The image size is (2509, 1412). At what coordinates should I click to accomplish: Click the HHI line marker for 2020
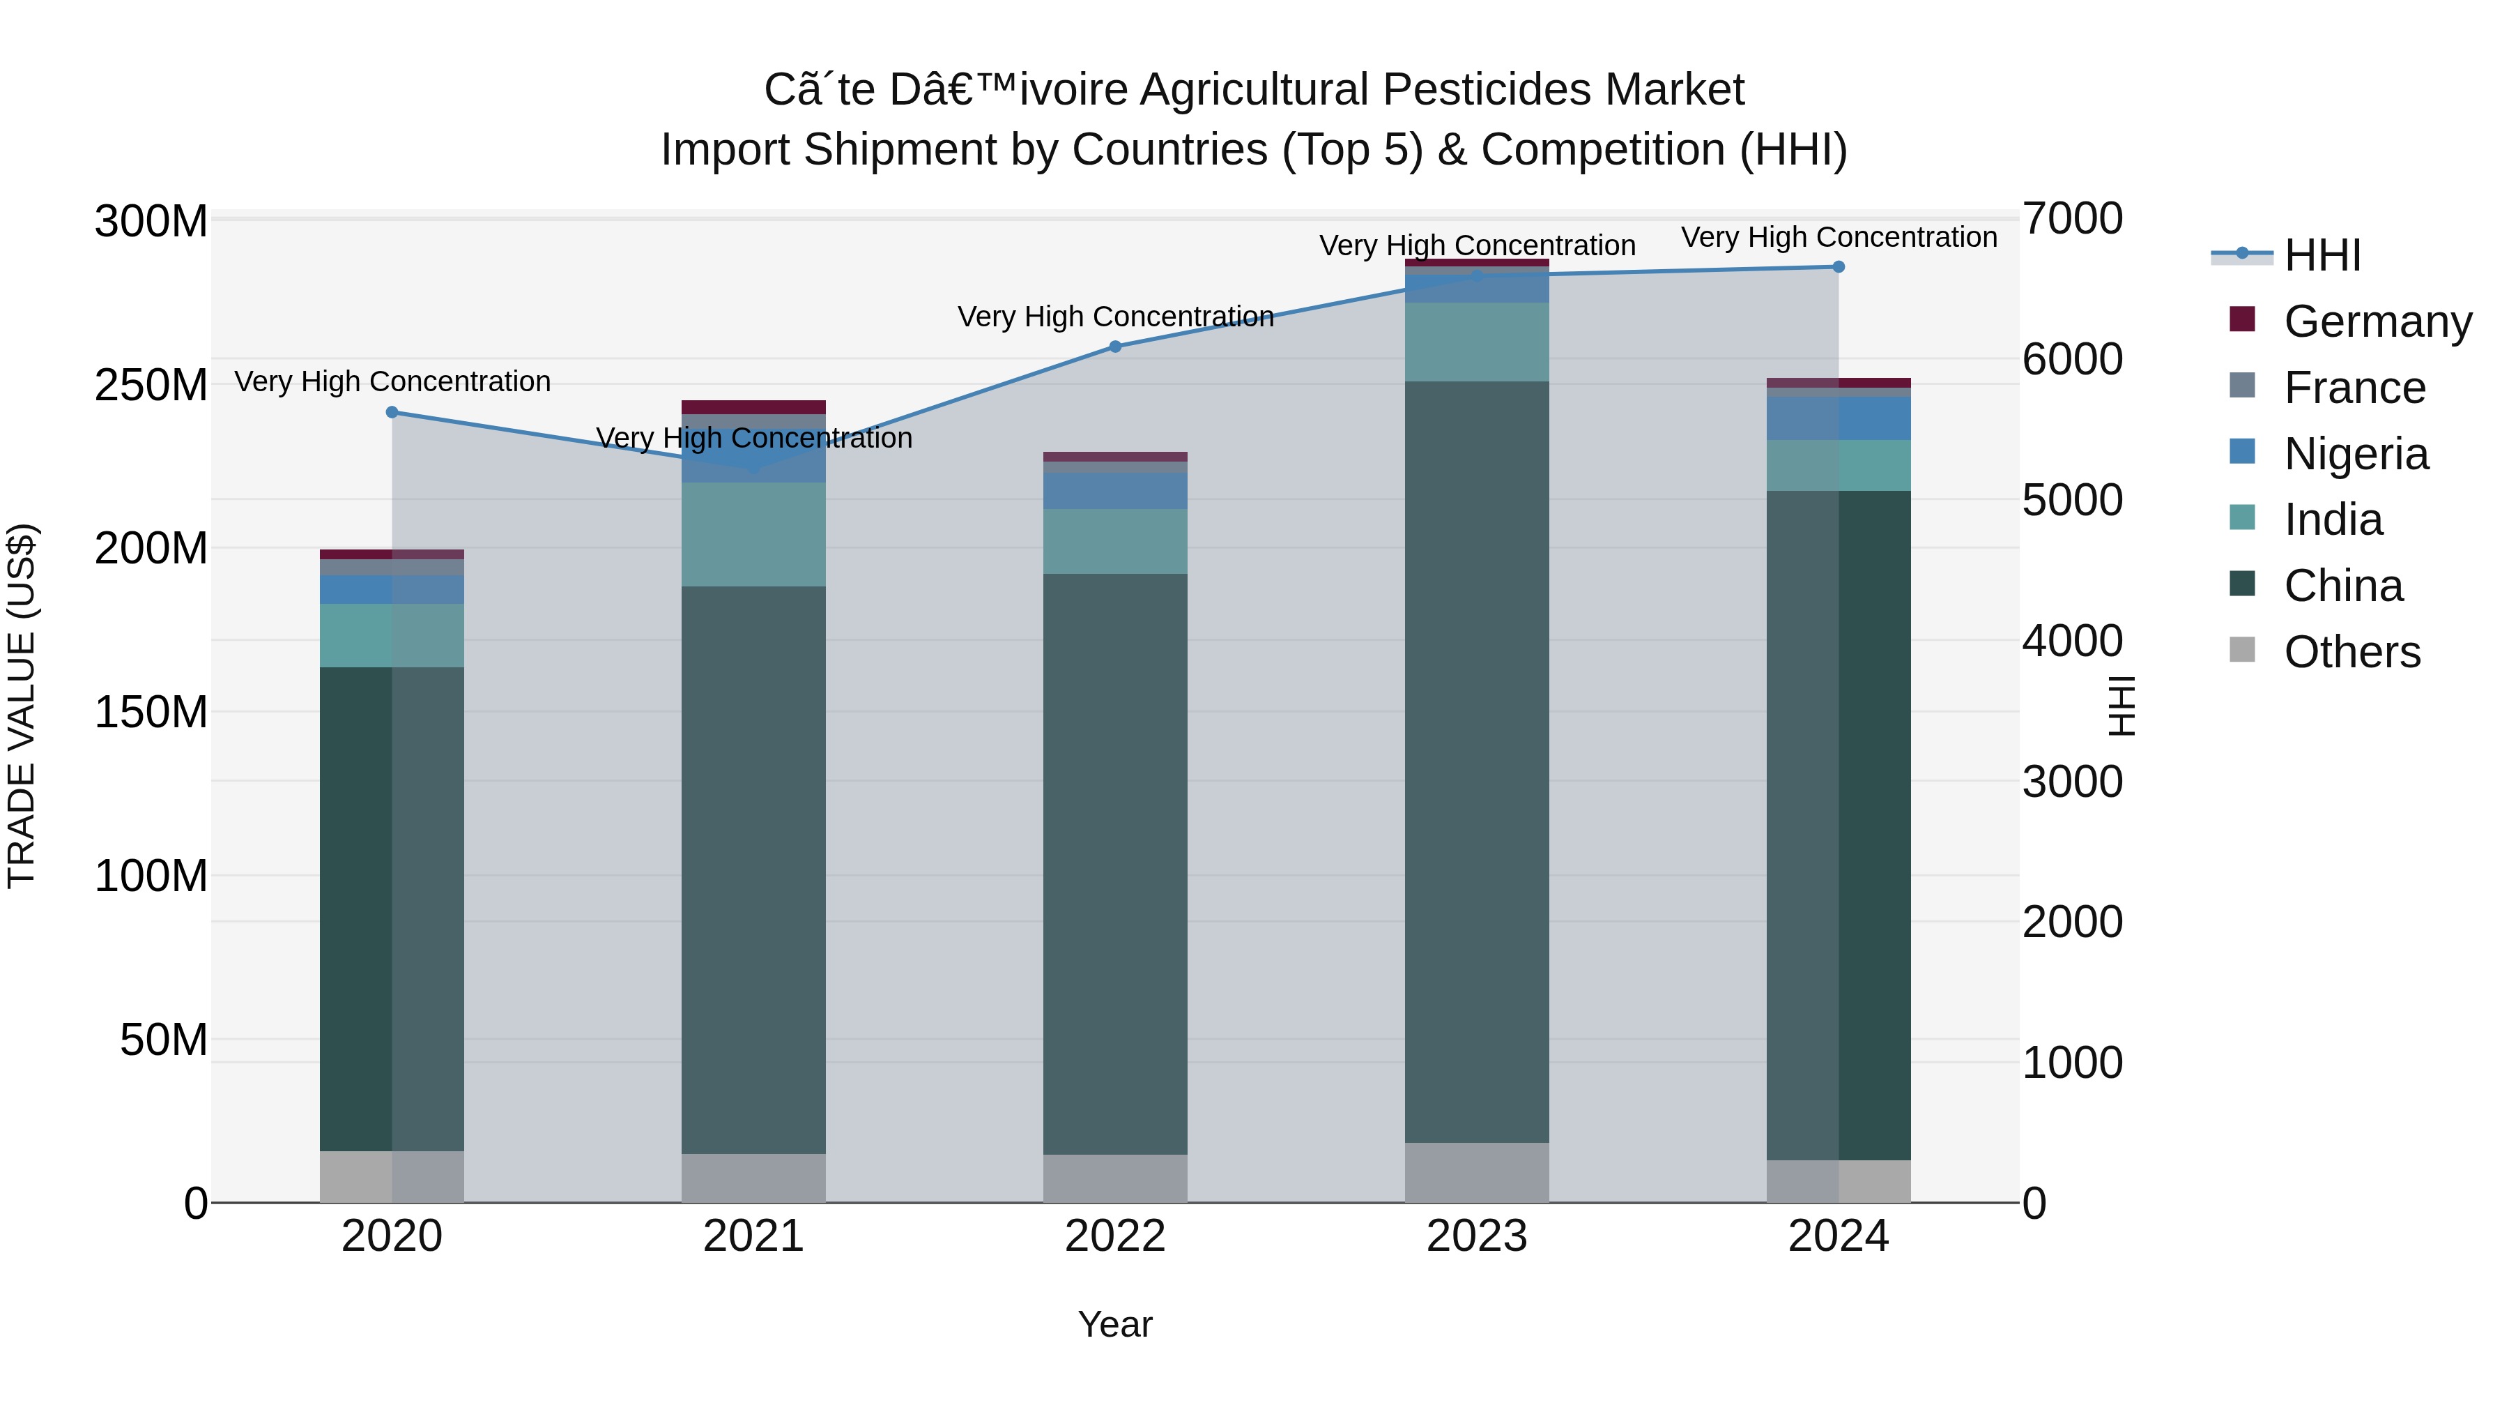(x=392, y=412)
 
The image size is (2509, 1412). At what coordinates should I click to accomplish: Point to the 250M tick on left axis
(x=151, y=385)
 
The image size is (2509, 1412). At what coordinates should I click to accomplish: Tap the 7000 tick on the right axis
(x=2072, y=219)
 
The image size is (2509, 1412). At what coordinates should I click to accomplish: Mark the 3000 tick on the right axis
(x=2072, y=782)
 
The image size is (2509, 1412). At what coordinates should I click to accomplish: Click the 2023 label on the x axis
(x=1477, y=1236)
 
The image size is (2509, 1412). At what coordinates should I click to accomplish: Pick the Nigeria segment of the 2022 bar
(x=1115, y=491)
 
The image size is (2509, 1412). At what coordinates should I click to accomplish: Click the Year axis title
(x=1115, y=1324)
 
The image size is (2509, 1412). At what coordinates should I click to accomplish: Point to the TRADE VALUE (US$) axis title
(x=22, y=706)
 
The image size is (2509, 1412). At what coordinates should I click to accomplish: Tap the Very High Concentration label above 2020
(x=392, y=381)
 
